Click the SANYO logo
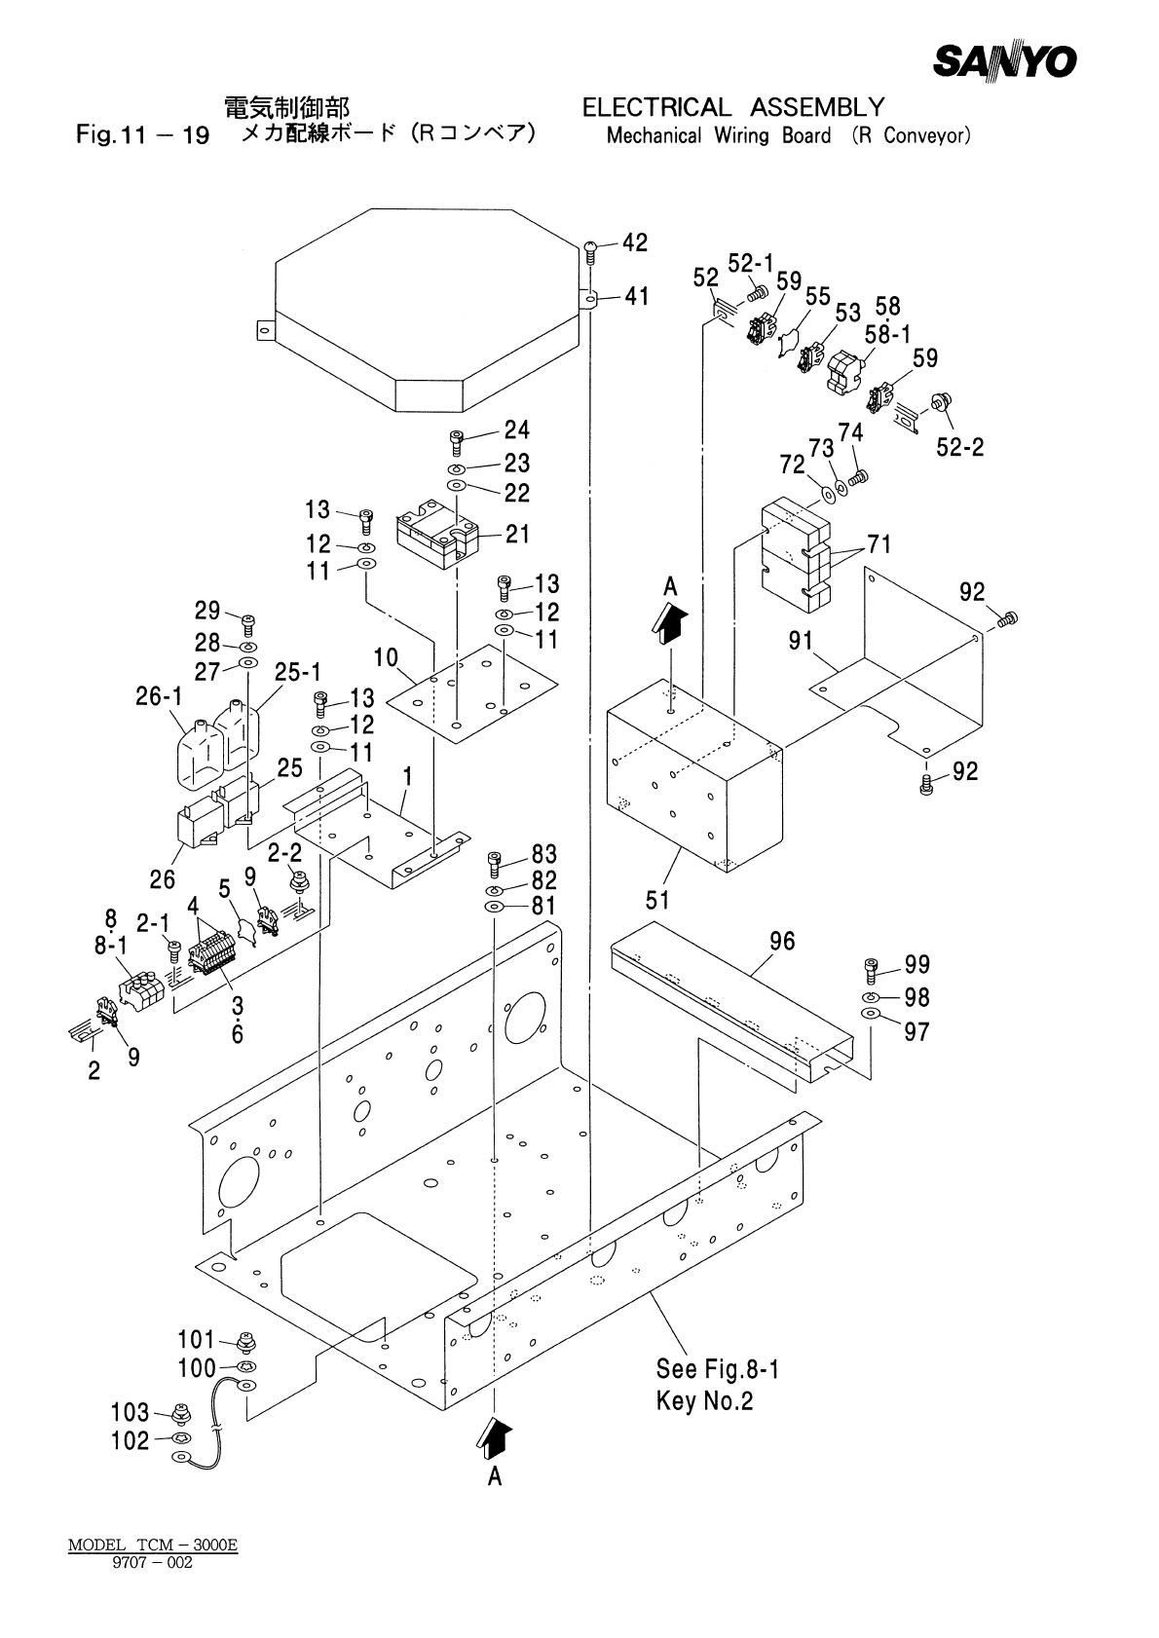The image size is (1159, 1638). point(1004,60)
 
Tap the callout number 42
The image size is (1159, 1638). point(635,242)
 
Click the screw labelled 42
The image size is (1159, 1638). point(591,253)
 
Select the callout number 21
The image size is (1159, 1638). point(518,534)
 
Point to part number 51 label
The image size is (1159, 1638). point(657,900)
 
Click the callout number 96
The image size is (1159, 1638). point(782,941)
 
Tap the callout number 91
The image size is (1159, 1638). point(801,641)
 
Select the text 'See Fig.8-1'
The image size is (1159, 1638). point(718,1369)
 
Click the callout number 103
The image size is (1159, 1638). point(130,1412)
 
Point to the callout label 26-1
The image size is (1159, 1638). point(159,697)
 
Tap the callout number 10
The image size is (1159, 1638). point(386,657)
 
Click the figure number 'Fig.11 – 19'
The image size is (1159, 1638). point(142,135)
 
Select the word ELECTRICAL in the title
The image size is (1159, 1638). point(656,107)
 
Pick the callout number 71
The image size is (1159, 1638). point(879,544)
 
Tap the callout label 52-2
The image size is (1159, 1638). point(960,447)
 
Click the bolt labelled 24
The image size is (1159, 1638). point(456,442)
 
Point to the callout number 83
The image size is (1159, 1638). point(544,854)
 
